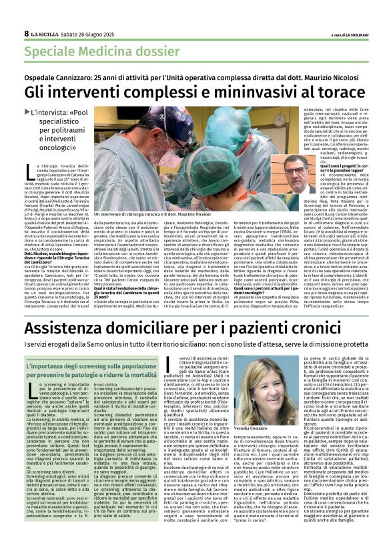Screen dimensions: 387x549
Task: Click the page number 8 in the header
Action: click(x=26, y=33)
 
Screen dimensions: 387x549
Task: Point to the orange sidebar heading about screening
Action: click(x=91, y=369)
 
